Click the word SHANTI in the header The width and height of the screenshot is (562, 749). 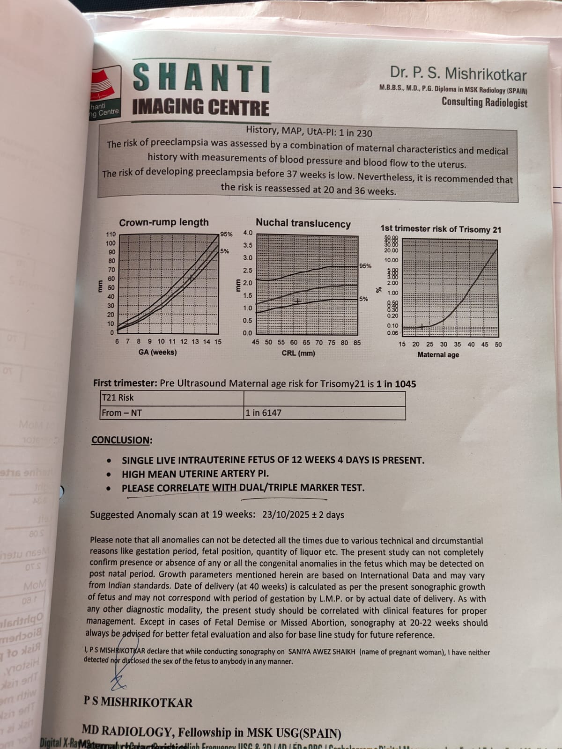[201, 77]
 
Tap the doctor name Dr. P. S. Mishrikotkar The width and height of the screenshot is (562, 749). [458, 74]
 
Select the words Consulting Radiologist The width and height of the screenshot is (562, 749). [484, 103]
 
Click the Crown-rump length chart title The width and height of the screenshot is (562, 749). [163, 222]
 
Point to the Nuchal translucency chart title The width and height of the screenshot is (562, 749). [303, 223]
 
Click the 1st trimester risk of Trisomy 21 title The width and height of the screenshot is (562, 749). [440, 229]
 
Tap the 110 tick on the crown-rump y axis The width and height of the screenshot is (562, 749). [111, 235]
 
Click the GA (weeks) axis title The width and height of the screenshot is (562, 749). [157, 352]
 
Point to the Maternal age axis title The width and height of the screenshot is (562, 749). [438, 355]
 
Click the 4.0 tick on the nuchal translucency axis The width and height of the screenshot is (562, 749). [248, 233]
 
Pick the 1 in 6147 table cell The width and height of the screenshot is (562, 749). [264, 413]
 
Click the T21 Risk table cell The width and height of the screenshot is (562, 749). [118, 397]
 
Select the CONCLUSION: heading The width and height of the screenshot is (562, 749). [121, 440]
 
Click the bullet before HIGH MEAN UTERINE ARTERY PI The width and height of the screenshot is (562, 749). [109, 474]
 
